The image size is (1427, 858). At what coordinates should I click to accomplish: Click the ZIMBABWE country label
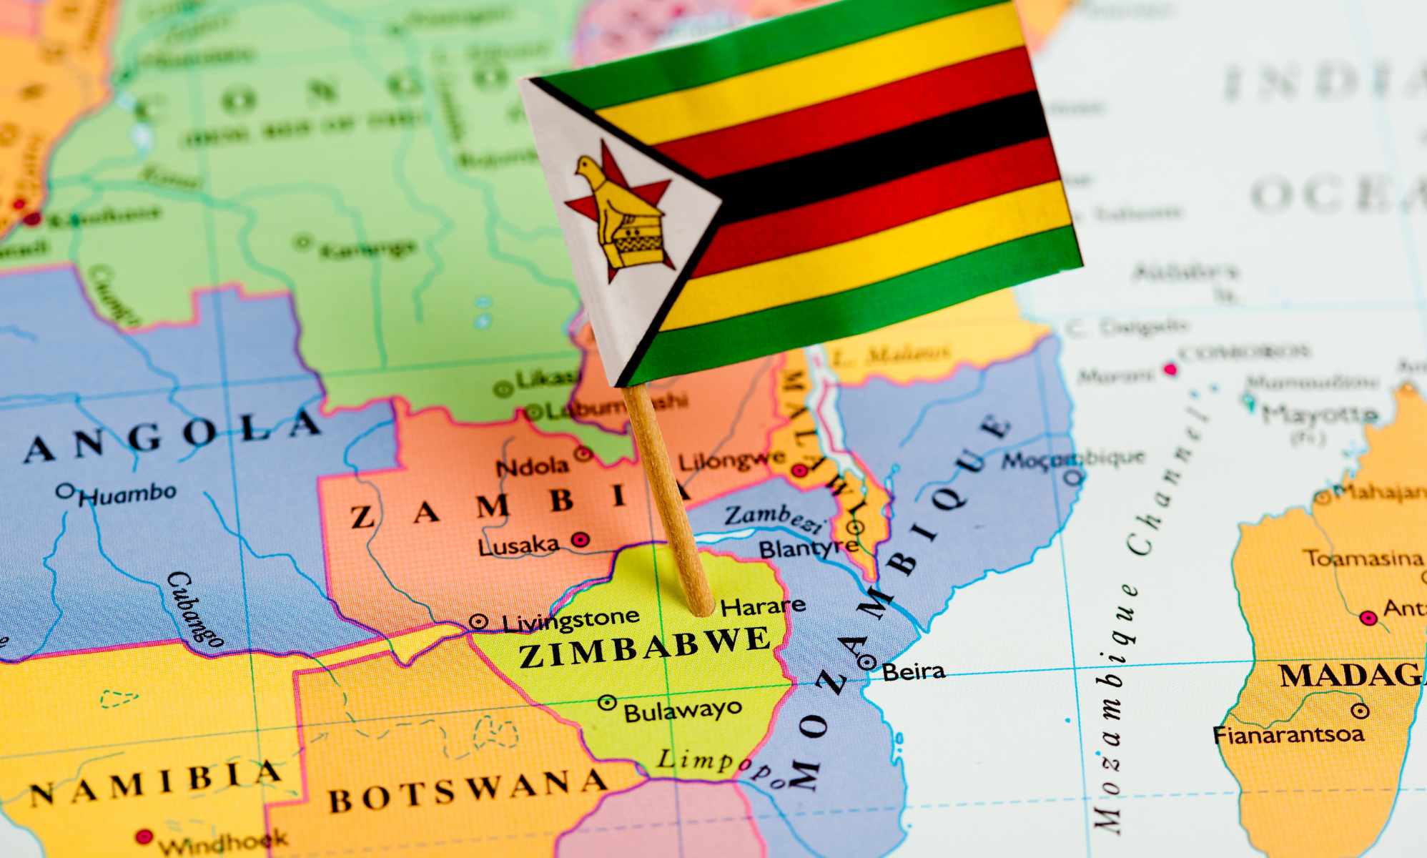(x=645, y=647)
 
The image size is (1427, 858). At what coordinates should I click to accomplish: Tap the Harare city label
(x=762, y=607)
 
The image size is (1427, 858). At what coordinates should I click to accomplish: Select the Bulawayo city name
(x=683, y=711)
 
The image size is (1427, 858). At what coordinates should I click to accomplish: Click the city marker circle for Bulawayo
(x=607, y=703)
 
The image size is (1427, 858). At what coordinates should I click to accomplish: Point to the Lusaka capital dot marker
(x=581, y=539)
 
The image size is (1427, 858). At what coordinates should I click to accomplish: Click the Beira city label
(x=913, y=671)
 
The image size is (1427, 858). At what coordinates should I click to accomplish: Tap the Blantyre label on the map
(x=808, y=549)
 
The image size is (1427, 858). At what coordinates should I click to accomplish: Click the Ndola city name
(x=532, y=467)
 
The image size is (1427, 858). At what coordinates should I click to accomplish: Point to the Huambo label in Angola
(x=127, y=494)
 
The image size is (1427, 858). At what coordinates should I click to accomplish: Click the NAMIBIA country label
(x=154, y=784)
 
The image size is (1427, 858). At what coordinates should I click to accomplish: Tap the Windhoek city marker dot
(x=144, y=836)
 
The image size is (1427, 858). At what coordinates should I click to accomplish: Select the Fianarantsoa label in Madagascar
(x=1288, y=734)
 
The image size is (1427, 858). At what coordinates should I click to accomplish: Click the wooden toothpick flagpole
(x=668, y=500)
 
